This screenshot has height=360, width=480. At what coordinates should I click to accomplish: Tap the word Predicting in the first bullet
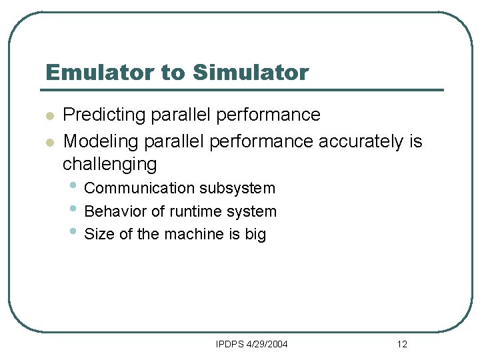click(103, 115)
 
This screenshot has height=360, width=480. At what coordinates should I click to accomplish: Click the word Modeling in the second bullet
click(99, 141)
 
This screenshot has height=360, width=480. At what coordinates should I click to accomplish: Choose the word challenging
click(109, 164)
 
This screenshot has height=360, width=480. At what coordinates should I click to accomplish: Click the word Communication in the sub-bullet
click(139, 189)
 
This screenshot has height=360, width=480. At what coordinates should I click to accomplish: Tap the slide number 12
click(401, 344)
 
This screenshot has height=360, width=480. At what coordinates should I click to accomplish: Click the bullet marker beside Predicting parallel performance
click(49, 117)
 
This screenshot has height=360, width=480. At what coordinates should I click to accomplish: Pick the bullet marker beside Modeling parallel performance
click(49, 143)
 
